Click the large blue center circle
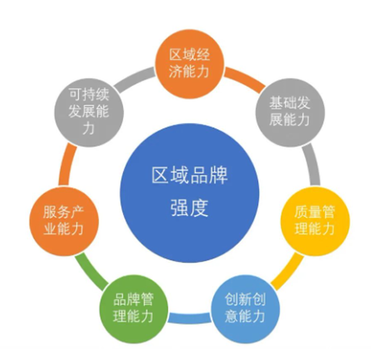point(189,193)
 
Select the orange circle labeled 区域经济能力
point(189,64)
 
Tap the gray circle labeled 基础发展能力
point(290,113)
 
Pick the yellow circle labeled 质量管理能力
point(315,221)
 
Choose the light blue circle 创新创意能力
point(246,308)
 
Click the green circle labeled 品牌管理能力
point(134,308)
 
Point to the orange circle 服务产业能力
point(64,221)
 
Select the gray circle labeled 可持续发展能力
point(89,113)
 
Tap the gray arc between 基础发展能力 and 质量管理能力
point(313,165)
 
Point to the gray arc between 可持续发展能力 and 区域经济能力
point(134,79)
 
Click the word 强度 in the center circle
point(189,209)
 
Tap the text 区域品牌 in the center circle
point(189,175)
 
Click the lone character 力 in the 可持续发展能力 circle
point(89,128)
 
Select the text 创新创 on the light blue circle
point(246,300)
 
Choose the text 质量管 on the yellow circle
point(315,212)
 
